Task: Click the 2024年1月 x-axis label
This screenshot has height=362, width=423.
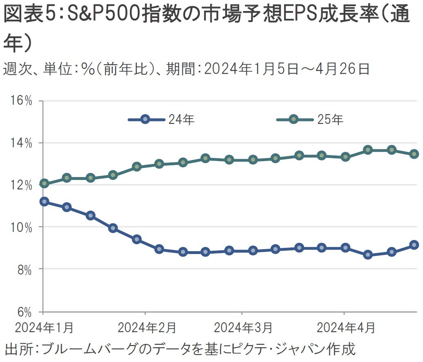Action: (44, 328)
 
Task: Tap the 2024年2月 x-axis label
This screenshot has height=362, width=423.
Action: (146, 328)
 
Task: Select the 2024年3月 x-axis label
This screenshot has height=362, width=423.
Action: (243, 328)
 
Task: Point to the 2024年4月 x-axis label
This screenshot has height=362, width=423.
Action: (345, 328)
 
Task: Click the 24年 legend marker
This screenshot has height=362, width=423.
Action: (145, 120)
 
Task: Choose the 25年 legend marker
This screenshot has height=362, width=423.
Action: (293, 120)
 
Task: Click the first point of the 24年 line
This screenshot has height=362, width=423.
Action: (44, 201)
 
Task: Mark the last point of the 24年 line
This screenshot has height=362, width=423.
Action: (414, 245)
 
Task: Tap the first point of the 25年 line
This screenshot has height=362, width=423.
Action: (44, 183)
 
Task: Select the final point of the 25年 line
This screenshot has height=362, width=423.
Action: (414, 154)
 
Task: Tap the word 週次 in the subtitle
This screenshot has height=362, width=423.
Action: (15, 69)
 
